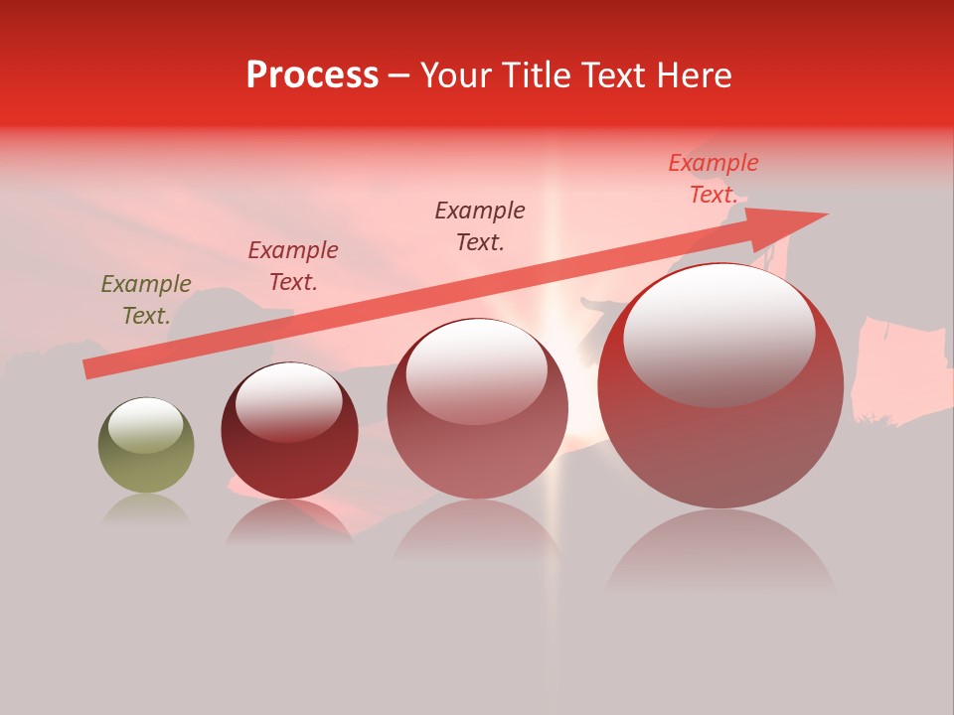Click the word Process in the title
click(312, 75)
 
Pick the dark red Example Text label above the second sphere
click(293, 266)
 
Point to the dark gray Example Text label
click(480, 225)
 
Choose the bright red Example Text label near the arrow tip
click(713, 179)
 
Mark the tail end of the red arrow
click(91, 368)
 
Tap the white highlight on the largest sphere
click(718, 333)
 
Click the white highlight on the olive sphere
click(145, 425)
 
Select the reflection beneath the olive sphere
click(146, 509)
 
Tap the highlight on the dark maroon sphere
click(288, 401)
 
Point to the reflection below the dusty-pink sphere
click(477, 531)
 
